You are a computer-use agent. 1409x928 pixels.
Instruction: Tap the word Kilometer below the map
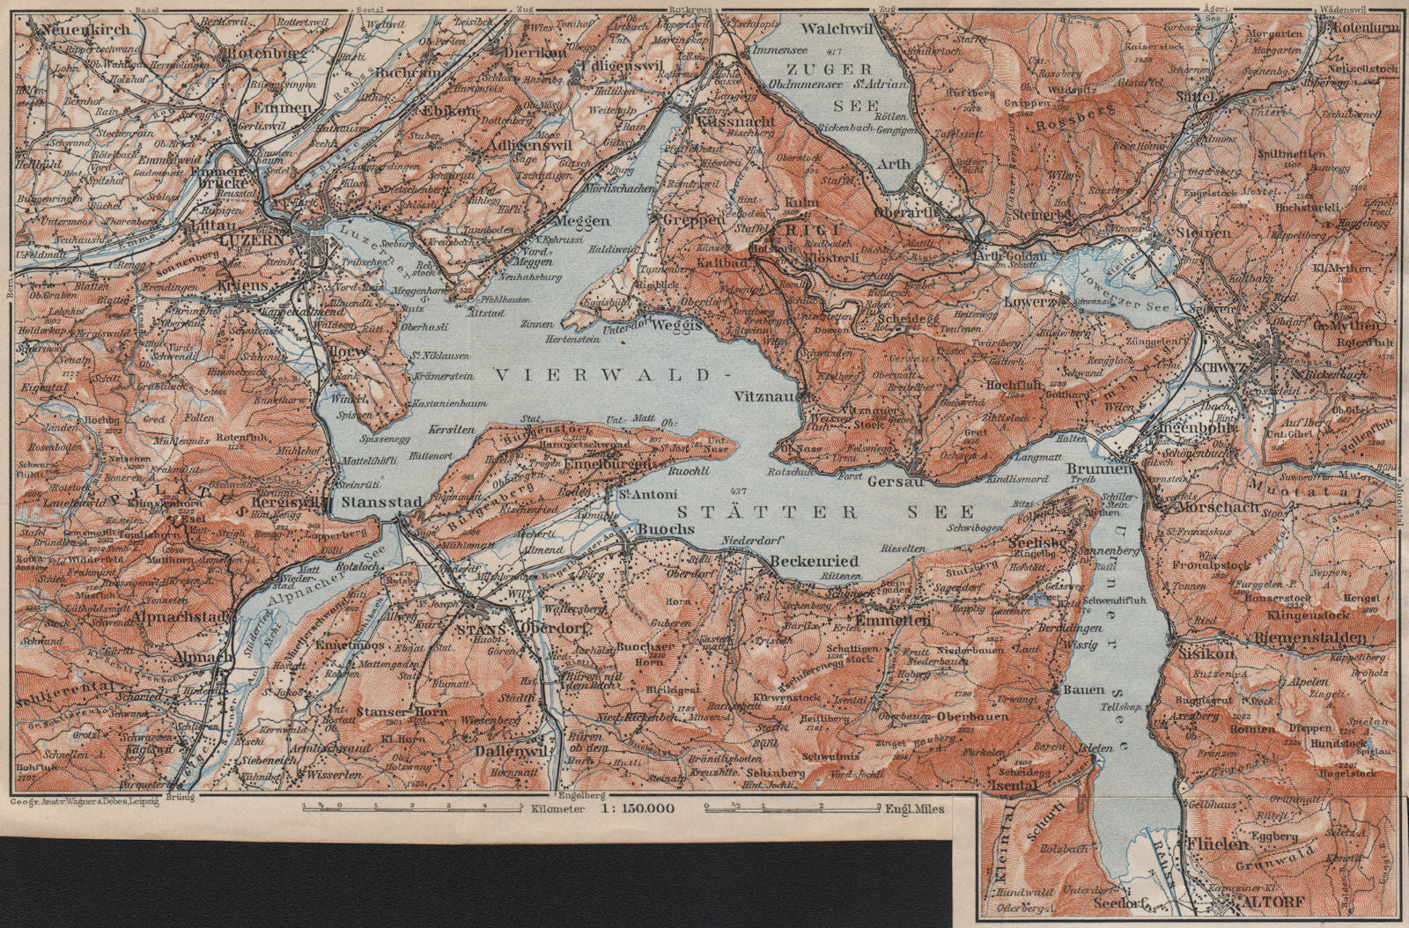point(537,807)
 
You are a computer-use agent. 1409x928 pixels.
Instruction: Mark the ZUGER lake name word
point(818,68)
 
